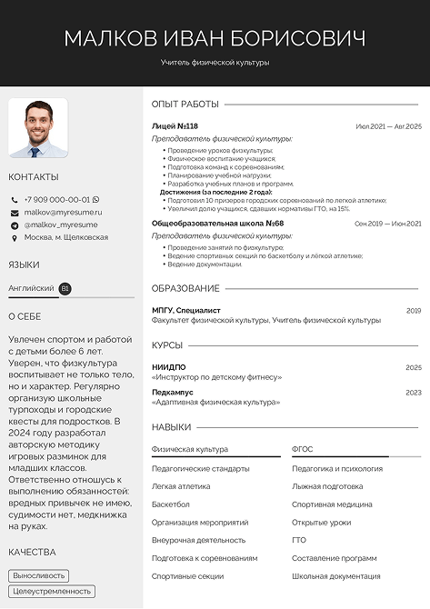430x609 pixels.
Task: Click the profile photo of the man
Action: coord(38,128)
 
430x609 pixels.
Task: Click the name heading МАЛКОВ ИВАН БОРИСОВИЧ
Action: coord(215,38)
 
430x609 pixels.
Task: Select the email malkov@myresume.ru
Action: coord(63,212)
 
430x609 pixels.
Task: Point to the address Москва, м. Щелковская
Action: coord(65,237)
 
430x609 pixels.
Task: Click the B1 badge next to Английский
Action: coord(65,288)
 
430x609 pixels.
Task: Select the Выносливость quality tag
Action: coord(39,575)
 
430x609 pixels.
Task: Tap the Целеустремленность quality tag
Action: coord(51,592)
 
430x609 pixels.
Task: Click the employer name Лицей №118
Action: coord(175,126)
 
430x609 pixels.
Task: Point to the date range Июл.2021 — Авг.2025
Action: coord(388,126)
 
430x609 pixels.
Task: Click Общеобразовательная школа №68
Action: coord(217,223)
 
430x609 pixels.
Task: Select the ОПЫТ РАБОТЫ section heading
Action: coord(185,104)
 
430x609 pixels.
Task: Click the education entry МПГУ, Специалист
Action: coord(185,310)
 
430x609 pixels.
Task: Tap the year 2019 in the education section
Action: coord(414,310)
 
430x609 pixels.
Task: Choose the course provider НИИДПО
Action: coord(168,367)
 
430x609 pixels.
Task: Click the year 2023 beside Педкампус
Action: coord(414,393)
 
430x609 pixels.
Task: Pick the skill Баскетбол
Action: coord(171,504)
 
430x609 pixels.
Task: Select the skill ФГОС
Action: coord(302,449)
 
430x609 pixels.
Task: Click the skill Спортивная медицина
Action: coord(332,504)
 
